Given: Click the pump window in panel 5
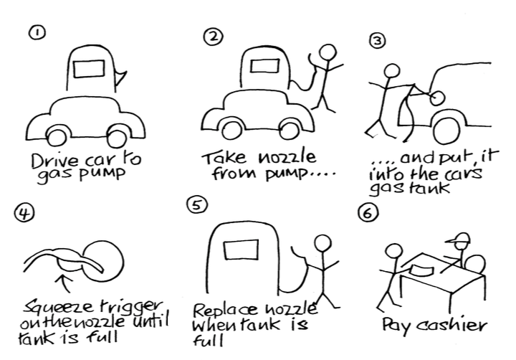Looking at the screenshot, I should (x=239, y=250).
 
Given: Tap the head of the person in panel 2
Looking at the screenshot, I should (x=327, y=53).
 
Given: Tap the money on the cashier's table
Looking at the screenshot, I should (x=421, y=269).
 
